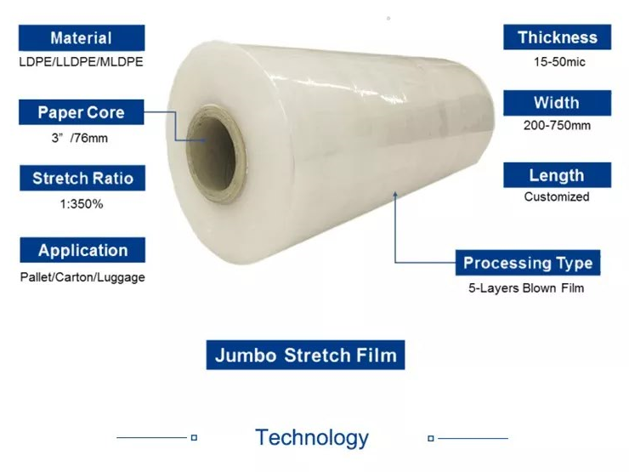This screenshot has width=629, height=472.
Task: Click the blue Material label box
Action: click(x=81, y=38)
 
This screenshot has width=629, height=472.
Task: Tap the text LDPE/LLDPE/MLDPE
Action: click(x=82, y=62)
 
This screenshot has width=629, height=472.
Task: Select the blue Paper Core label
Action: click(x=81, y=112)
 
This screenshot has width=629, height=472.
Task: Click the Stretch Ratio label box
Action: click(x=82, y=178)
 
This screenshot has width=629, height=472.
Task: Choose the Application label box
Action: click(x=82, y=250)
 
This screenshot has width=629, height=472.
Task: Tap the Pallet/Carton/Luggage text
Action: click(x=82, y=277)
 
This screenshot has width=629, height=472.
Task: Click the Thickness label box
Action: click(x=557, y=37)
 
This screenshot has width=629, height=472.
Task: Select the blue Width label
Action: click(x=557, y=103)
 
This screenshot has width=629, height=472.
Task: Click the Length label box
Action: click(x=557, y=175)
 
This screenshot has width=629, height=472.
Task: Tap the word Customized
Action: click(x=557, y=196)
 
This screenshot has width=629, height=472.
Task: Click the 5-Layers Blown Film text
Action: click(x=526, y=288)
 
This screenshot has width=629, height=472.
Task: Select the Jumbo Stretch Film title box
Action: click(x=305, y=354)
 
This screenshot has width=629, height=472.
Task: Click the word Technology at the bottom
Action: click(x=312, y=438)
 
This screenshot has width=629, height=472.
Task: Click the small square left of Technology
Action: click(x=194, y=438)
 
